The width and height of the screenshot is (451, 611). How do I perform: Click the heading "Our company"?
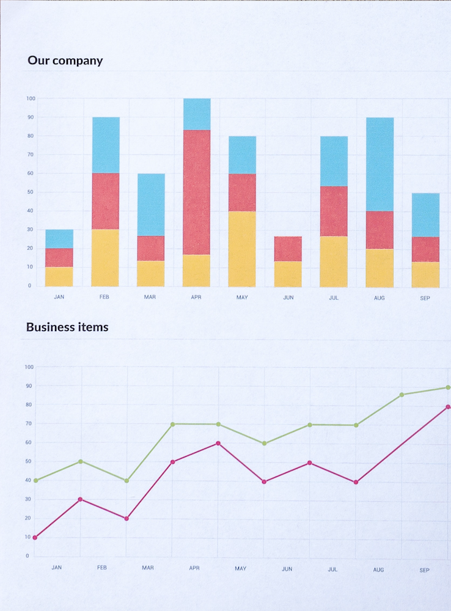[x=65, y=60]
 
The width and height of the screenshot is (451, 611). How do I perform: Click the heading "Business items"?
[x=67, y=327]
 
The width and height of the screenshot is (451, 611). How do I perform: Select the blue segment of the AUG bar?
[x=380, y=164]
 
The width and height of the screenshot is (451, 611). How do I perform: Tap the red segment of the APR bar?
[x=196, y=192]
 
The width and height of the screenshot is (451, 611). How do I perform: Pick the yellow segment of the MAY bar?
[x=242, y=249]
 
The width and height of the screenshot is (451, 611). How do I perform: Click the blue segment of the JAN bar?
[x=59, y=239]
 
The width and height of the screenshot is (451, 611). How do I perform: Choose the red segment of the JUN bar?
[x=288, y=249]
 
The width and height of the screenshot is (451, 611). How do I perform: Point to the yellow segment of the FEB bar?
[x=105, y=258]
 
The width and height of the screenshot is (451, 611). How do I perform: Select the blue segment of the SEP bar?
[x=425, y=214]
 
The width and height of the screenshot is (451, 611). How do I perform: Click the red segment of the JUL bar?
[x=334, y=211]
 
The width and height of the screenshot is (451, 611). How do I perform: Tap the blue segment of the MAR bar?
[x=151, y=205]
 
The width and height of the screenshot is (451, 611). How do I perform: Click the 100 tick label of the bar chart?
[x=31, y=98]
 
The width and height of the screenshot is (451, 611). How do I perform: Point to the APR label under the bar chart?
[x=196, y=298]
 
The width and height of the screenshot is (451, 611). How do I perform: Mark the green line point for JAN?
[x=35, y=480]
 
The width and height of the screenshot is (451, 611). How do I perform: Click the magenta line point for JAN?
[x=35, y=538]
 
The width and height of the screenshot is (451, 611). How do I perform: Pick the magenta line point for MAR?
[x=127, y=518]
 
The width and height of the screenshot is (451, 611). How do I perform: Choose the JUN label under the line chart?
[x=287, y=569]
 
